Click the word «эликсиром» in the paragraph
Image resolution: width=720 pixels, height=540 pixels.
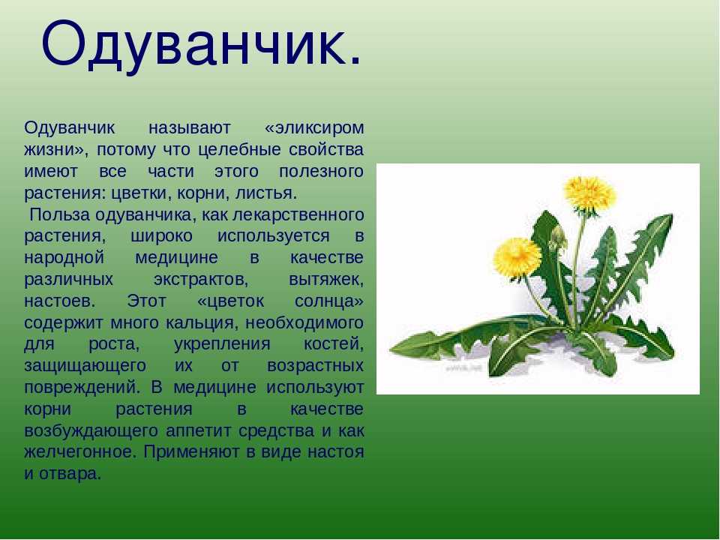314,128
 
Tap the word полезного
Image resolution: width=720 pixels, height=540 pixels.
322,171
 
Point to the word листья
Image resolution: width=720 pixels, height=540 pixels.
265,193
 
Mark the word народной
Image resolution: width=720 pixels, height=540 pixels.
64,257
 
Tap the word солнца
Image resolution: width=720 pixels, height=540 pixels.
328,301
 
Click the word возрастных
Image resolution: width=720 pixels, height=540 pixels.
316,366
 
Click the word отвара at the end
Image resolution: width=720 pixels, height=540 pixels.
69,474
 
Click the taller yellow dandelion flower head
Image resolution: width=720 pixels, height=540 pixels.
589,193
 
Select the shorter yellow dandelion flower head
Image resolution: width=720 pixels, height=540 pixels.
517,257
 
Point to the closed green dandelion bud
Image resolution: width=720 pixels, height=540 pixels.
557,238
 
